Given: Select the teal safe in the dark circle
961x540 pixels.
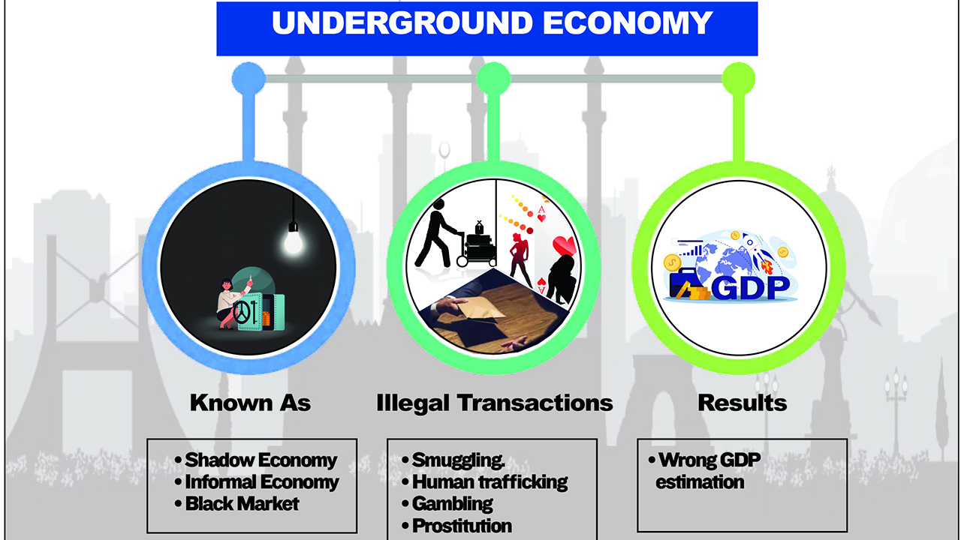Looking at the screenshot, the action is [x=260, y=311].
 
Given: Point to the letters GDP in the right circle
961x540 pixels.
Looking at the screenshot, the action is [x=750, y=288].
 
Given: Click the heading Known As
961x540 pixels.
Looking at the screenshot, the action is [x=250, y=403].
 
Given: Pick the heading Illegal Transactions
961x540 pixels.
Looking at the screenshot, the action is [x=495, y=403].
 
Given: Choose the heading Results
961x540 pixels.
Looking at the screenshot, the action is [x=743, y=403].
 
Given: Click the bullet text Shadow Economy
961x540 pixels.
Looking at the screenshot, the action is [x=261, y=460].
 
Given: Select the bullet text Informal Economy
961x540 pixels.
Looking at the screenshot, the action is [x=262, y=482].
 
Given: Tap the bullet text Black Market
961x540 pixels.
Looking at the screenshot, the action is [x=242, y=504].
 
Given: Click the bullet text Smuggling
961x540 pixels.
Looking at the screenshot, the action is [x=458, y=460].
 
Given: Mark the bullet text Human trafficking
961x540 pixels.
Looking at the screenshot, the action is [x=490, y=482].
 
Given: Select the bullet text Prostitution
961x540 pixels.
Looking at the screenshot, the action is [x=462, y=526].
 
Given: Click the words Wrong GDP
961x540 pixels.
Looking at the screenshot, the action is [x=709, y=460].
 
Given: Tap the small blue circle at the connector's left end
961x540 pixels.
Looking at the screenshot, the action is [x=249, y=79].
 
